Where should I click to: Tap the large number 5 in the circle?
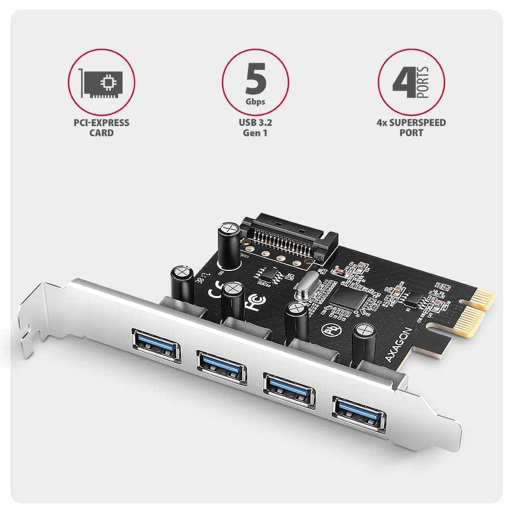tap(255, 78)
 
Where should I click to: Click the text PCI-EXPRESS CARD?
tap(101, 128)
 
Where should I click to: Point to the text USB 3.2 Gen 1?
tap(255, 128)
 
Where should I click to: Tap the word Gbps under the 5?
tap(255, 102)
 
